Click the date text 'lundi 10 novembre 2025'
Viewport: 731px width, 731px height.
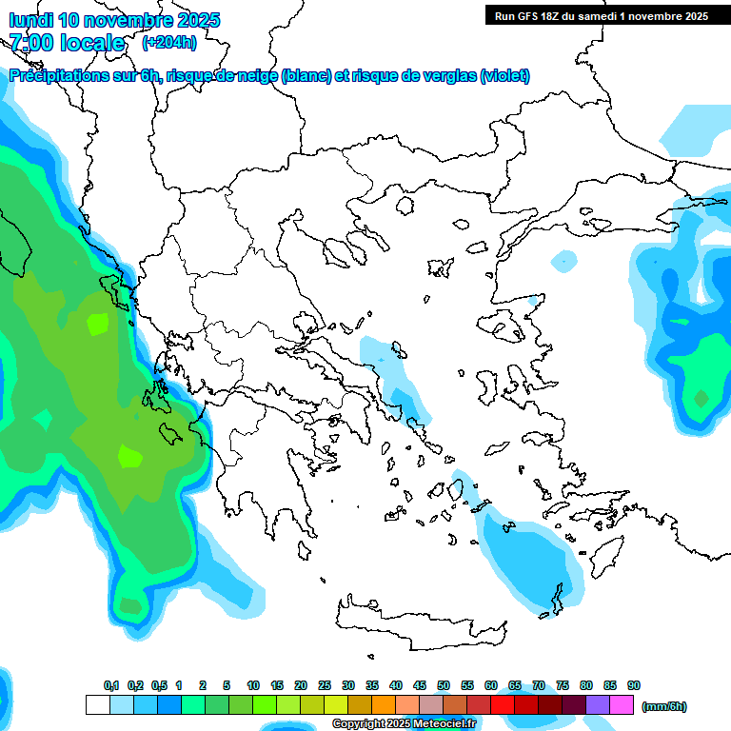114,20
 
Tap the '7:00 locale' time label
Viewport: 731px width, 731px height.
67,43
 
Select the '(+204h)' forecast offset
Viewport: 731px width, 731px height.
169,43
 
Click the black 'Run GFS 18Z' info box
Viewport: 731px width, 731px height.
600,15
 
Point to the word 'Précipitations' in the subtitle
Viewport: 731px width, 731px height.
58,76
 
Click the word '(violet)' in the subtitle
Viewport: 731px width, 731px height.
505,76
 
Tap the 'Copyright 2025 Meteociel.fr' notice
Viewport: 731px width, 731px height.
404,724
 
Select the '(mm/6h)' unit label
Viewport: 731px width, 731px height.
663,706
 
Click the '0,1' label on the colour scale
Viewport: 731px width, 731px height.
111,686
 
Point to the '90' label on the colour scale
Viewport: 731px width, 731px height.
634,686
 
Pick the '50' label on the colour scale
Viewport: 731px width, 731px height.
444,686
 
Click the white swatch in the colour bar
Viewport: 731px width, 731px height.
97,705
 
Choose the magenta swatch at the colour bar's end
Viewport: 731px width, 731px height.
622,705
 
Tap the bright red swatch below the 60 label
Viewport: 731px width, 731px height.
503,705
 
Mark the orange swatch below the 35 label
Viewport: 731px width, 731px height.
384,705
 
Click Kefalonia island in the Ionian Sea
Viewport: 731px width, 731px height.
172,433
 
